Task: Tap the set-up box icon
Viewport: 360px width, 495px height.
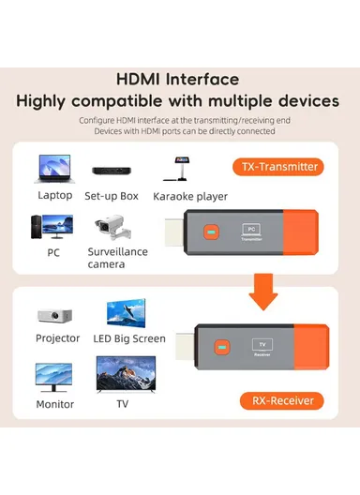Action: pos(111,173)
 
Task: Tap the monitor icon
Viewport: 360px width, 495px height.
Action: pos(54,377)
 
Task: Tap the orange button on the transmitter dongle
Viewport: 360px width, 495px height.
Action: pos(212,230)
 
